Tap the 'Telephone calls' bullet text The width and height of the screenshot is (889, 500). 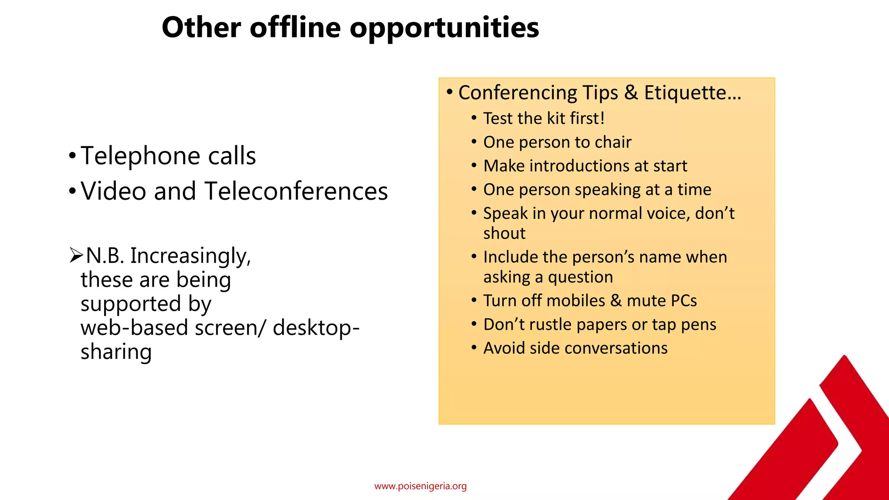pyautogui.click(x=168, y=156)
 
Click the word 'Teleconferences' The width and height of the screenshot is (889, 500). pyautogui.click(x=296, y=191)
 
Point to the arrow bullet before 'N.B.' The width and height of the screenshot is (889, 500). pyautogui.click(x=76, y=255)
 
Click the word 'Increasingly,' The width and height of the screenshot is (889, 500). pyautogui.click(x=191, y=256)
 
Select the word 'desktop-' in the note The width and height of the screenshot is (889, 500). pyautogui.click(x=316, y=327)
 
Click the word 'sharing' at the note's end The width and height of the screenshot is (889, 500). pyautogui.click(x=116, y=352)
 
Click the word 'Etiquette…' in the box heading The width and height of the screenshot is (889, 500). pyautogui.click(x=692, y=93)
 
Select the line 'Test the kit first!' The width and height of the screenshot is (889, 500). pyautogui.click(x=544, y=118)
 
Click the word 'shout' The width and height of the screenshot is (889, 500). pyautogui.click(x=504, y=234)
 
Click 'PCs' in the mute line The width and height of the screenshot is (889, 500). pyautogui.click(x=684, y=301)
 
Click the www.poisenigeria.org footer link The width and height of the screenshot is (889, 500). pyautogui.click(x=420, y=486)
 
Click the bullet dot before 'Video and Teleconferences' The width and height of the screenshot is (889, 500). pyautogui.click(x=72, y=191)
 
